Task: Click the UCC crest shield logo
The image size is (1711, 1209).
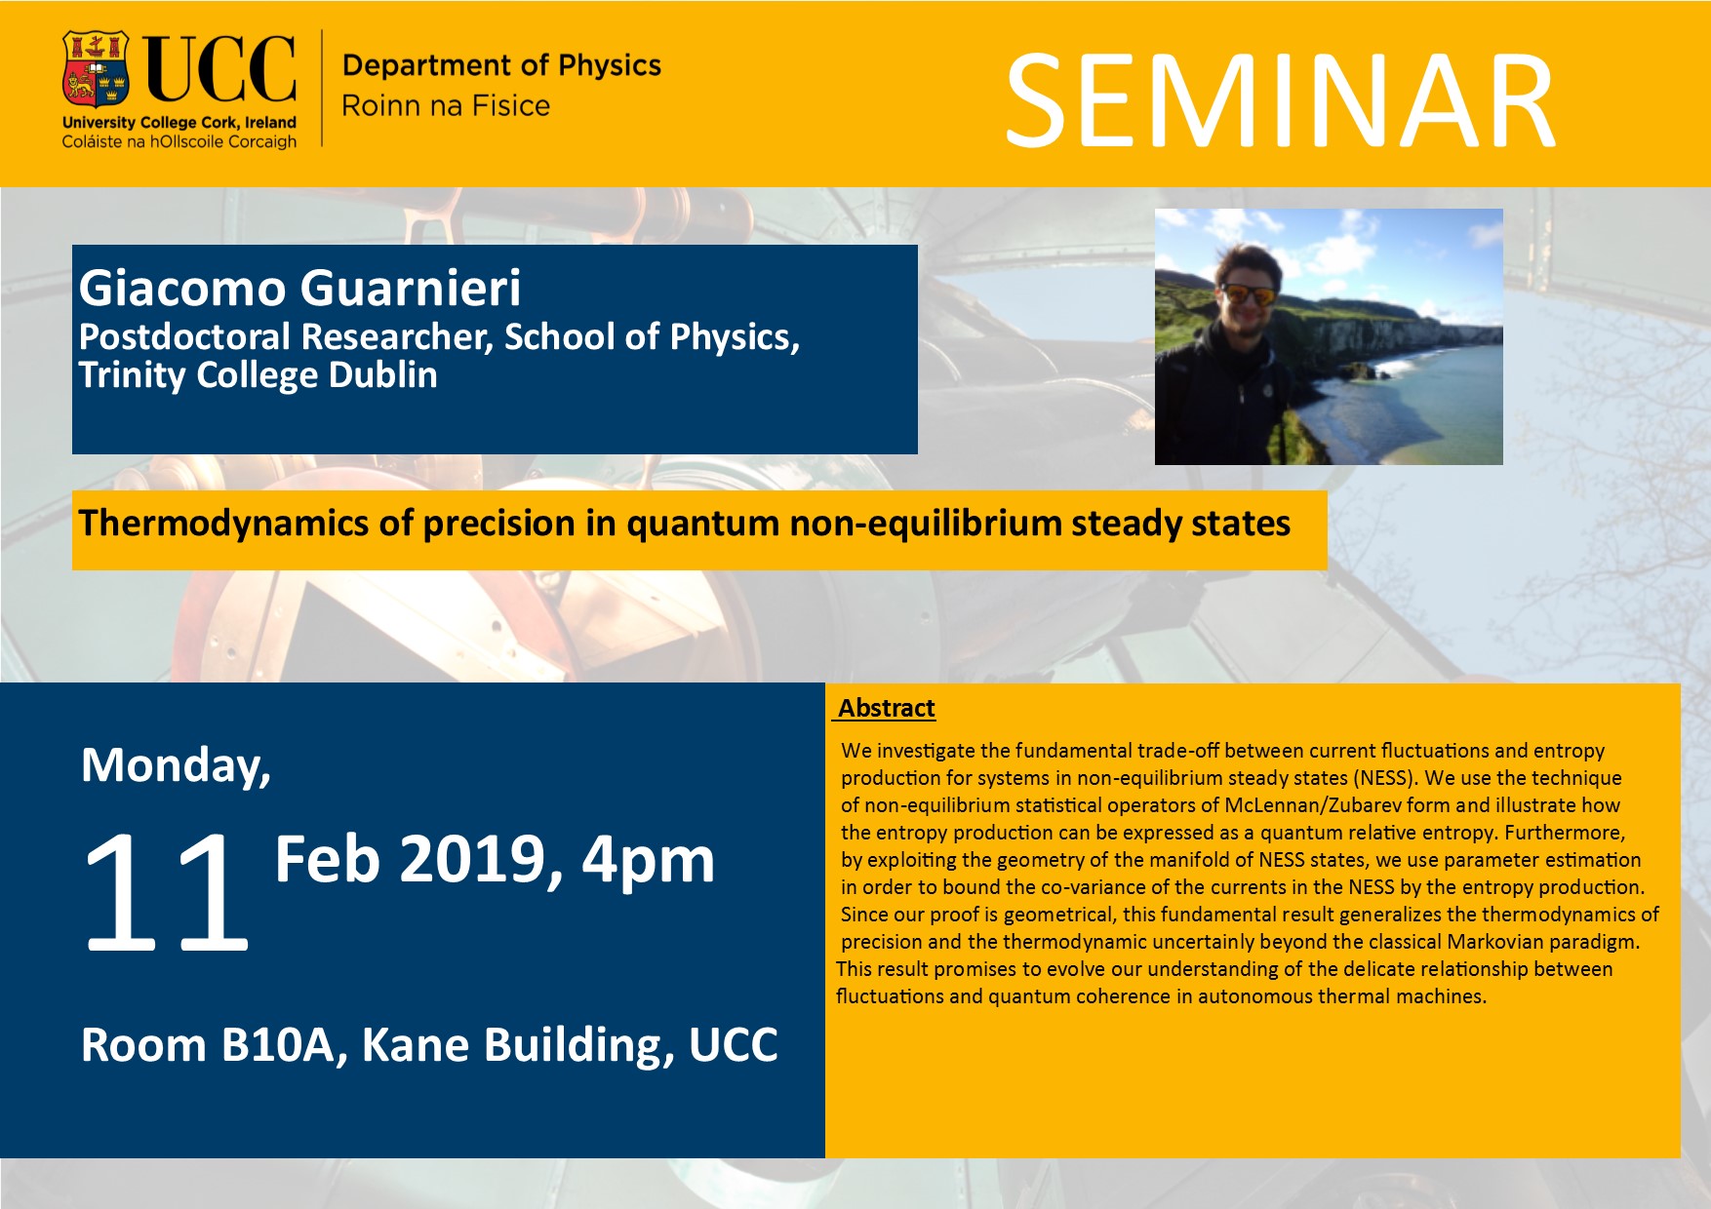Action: tap(97, 68)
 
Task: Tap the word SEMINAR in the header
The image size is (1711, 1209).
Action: tap(1280, 101)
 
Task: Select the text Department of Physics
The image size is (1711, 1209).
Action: tap(501, 65)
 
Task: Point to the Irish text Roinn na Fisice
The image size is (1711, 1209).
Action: tap(446, 105)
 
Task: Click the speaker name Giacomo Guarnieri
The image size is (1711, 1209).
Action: tap(300, 288)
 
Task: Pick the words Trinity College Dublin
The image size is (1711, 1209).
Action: tap(259, 375)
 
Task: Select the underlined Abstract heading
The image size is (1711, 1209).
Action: tap(887, 708)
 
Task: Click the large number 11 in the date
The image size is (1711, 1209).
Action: tap(166, 892)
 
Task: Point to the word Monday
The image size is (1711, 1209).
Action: tap(177, 766)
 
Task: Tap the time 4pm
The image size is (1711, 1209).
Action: tap(649, 862)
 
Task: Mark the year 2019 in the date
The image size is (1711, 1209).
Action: tap(480, 860)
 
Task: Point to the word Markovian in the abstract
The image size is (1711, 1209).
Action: tap(1493, 942)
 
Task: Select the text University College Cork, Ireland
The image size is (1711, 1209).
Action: tap(179, 123)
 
